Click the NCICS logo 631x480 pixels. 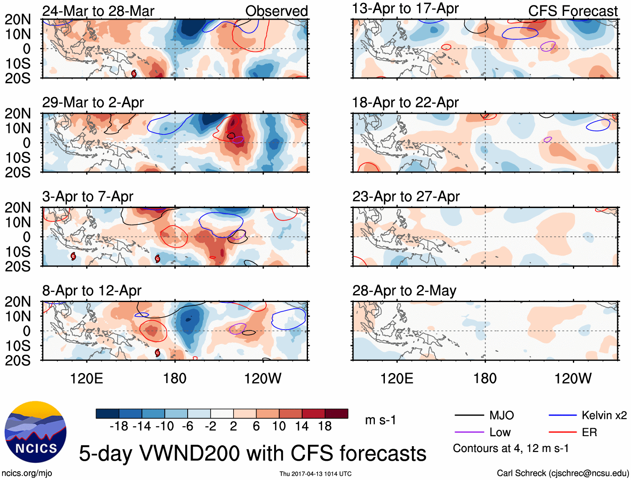point(35,432)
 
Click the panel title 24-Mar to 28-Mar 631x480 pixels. point(98,11)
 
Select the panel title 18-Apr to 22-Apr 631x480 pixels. point(405,102)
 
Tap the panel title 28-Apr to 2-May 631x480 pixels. point(404,290)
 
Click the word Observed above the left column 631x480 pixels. point(276,11)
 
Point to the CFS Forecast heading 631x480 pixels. point(572,11)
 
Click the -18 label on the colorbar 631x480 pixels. point(119,426)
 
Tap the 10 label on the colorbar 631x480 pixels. point(279,426)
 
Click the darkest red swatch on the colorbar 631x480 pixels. point(336,414)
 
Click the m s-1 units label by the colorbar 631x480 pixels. point(380,420)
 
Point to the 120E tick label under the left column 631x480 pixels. point(87,378)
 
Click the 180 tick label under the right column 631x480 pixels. point(485,378)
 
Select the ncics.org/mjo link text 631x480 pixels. point(27,473)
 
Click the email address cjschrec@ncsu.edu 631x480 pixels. point(588,473)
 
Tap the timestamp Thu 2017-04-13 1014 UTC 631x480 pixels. point(315,474)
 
